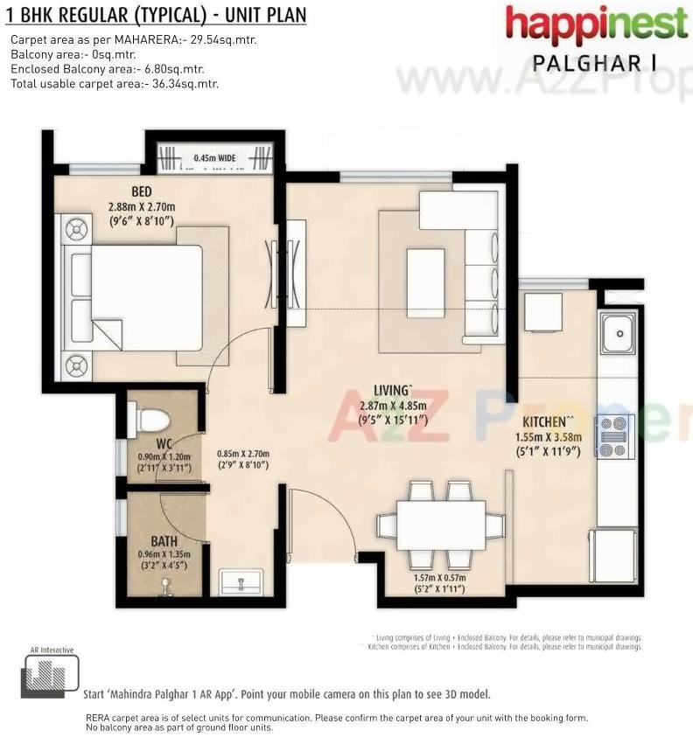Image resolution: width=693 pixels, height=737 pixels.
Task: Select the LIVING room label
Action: pos(390,390)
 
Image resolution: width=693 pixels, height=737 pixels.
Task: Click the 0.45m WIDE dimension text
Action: pos(215,157)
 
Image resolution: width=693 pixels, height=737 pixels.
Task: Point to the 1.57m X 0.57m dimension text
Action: pos(439,578)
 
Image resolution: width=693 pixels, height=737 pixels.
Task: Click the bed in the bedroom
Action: pos(140,297)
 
